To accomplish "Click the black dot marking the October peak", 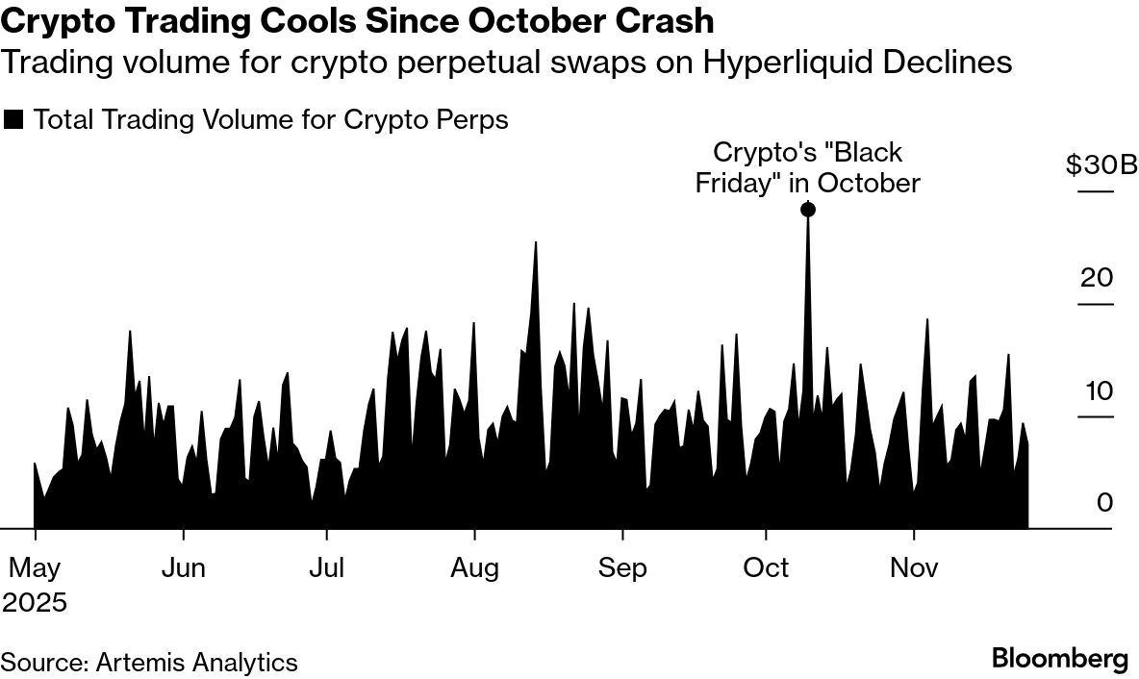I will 808,210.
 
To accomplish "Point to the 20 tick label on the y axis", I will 1097,278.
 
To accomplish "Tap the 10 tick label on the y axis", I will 1097,390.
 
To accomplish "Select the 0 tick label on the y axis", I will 1104,503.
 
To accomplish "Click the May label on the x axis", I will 35,568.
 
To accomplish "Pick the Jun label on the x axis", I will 182,568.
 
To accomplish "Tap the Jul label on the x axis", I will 327,568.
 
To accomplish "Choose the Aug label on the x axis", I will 475,568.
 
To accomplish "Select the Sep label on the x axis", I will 622,568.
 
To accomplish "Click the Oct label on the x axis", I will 766,568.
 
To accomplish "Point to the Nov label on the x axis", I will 914,568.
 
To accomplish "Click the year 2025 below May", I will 35,603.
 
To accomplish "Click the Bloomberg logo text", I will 1059,660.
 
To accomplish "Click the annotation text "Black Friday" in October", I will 808,167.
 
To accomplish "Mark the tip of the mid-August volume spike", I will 535,241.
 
